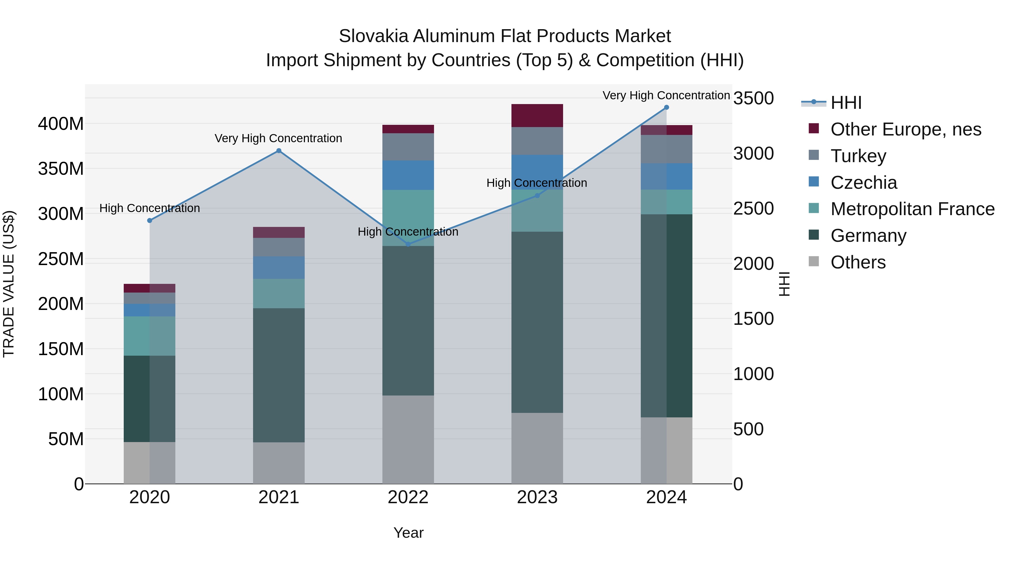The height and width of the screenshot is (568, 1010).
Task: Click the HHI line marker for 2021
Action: pyautogui.click(x=279, y=151)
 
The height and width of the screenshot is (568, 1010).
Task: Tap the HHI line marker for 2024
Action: pyautogui.click(x=667, y=107)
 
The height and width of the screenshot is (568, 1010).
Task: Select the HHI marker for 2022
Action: pyautogui.click(x=408, y=244)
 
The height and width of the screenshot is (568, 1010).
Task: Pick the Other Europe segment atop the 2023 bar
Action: pyautogui.click(x=537, y=116)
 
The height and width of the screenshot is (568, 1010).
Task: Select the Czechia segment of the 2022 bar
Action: pyautogui.click(x=408, y=175)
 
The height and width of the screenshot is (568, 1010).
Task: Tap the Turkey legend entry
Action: pyautogui.click(x=858, y=156)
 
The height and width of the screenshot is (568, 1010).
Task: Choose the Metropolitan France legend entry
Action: pyautogui.click(x=912, y=209)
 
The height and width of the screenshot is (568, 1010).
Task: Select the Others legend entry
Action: pyautogui.click(x=858, y=262)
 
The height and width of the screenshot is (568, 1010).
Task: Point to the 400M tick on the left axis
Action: pyautogui.click(x=61, y=124)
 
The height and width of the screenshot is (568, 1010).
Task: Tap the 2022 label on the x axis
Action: pyautogui.click(x=408, y=497)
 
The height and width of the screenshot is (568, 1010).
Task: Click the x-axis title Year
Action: pyautogui.click(x=408, y=533)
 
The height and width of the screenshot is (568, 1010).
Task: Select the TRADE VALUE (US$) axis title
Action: pyautogui.click(x=9, y=284)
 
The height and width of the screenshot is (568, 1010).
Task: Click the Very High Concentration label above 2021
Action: pyautogui.click(x=278, y=138)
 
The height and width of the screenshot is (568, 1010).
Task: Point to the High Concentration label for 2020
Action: pyautogui.click(x=150, y=208)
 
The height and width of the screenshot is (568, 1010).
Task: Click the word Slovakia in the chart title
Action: pyautogui.click(x=374, y=36)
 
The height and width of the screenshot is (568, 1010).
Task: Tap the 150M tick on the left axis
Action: pyautogui.click(x=61, y=349)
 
